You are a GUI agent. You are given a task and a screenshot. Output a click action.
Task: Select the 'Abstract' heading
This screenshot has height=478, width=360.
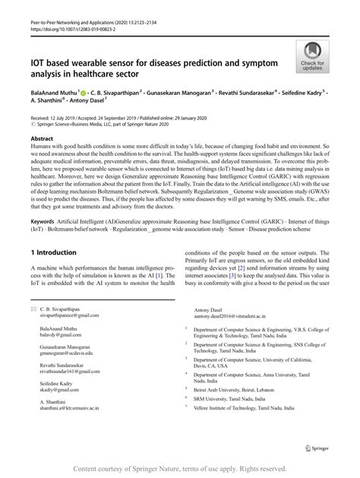coord(42,140)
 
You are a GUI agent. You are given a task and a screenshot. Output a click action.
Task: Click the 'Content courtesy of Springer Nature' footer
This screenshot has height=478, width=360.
coord(179,468)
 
